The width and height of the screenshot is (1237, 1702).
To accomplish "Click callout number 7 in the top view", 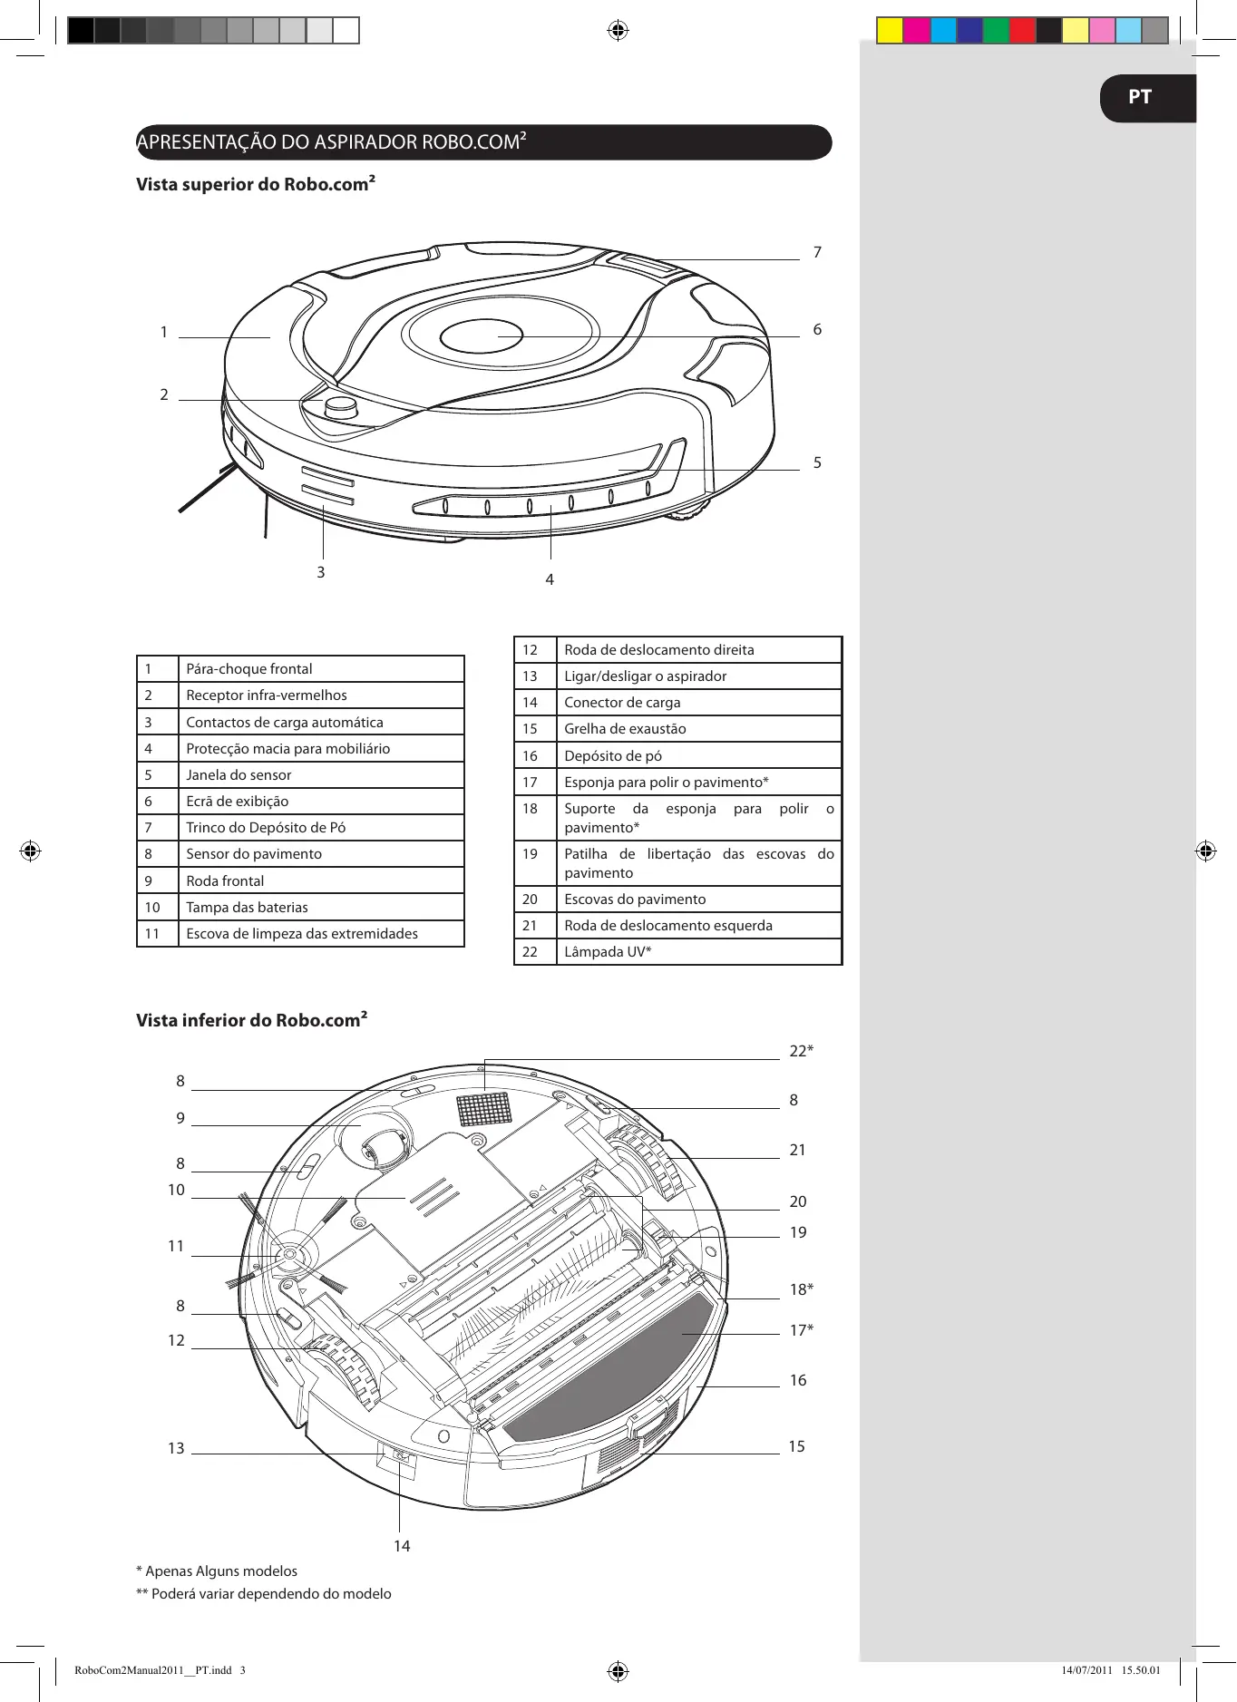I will pyautogui.click(x=817, y=252).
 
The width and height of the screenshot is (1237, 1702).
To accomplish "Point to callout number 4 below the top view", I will pyautogui.click(x=550, y=579).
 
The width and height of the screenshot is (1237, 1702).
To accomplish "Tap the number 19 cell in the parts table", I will pyautogui.click(x=531, y=854).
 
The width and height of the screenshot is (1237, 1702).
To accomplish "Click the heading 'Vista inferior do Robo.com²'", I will pyautogui.click(x=251, y=1020).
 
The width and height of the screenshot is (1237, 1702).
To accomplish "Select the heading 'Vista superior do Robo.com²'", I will pyautogui.click(x=255, y=184).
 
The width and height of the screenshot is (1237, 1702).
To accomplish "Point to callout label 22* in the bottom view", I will pyautogui.click(x=801, y=1051).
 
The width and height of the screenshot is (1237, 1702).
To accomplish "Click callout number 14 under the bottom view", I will pyautogui.click(x=402, y=1546).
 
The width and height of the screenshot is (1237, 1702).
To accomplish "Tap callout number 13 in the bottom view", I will pyautogui.click(x=176, y=1448).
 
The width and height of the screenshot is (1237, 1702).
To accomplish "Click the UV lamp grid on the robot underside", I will pyautogui.click(x=484, y=1108).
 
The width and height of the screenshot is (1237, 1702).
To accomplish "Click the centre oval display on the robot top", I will pyautogui.click(x=481, y=336).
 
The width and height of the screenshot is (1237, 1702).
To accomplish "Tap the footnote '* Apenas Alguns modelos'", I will pyautogui.click(x=217, y=1571).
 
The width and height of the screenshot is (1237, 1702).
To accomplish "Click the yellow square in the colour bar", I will pyautogui.click(x=890, y=31).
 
